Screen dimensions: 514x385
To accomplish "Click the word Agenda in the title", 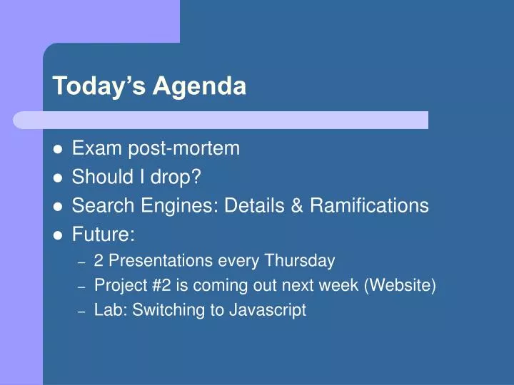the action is [199, 86].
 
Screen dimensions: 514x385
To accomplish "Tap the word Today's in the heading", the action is [99, 86].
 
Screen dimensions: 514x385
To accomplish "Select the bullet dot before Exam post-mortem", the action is [58, 149].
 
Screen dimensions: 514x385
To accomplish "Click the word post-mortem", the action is [184, 149].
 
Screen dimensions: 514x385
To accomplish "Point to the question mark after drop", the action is [196, 177].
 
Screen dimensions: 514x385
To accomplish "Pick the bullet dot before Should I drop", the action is [58, 178].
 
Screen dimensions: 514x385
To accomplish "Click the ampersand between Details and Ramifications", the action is [297, 205].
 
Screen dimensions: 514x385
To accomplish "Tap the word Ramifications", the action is [370, 205].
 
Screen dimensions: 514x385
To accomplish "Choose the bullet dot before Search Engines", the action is [58, 207].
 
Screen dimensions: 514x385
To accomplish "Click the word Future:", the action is [104, 234].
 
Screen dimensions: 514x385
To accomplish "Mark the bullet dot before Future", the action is [58, 235].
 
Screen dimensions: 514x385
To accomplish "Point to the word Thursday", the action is [300, 261].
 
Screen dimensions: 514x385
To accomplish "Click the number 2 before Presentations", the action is [99, 261].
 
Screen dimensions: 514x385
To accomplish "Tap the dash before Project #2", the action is [81, 287].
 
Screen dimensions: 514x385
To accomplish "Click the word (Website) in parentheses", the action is [400, 285].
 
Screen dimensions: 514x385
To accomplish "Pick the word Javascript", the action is [268, 310].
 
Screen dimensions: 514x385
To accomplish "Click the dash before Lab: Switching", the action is [81, 312].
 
